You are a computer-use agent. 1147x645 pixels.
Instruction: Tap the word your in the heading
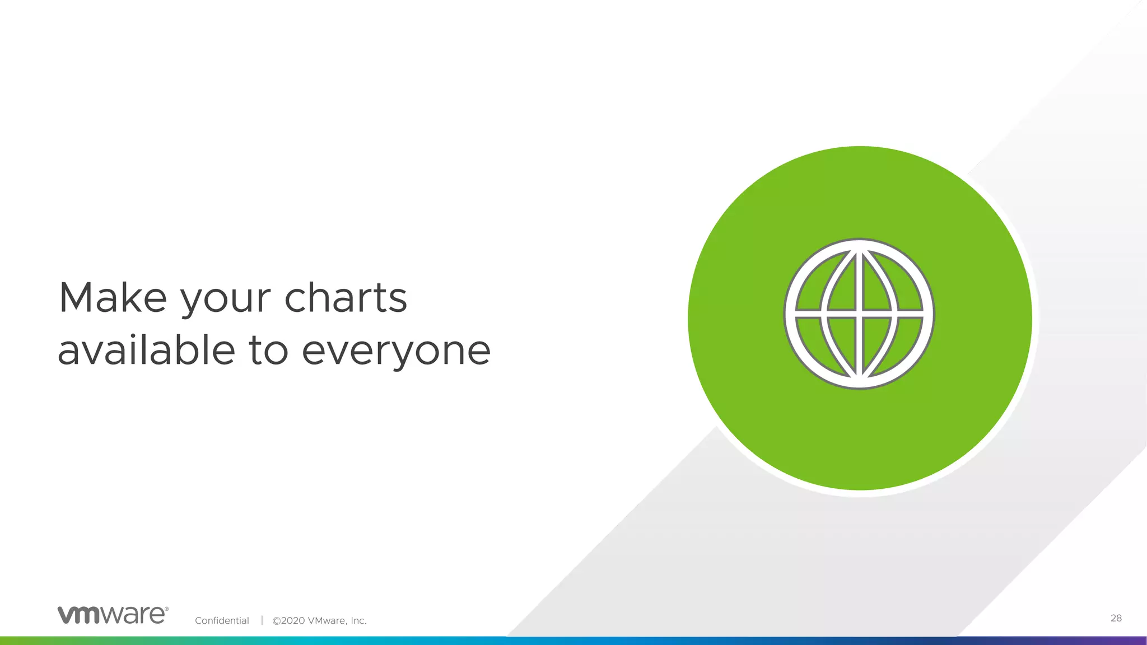pos(225,302)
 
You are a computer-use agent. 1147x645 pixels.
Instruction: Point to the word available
pos(146,350)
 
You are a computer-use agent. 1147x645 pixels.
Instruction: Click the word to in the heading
pos(268,351)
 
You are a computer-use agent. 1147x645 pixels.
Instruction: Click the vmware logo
pos(113,615)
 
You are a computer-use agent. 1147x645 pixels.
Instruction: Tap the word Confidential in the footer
pos(222,620)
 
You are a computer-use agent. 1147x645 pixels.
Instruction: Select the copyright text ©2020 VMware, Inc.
pos(319,620)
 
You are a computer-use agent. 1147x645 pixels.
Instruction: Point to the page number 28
pos(1116,618)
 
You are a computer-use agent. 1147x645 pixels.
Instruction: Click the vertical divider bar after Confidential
pos(262,620)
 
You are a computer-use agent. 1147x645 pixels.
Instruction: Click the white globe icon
pos(859,314)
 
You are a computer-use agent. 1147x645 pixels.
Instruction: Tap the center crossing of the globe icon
pos(859,314)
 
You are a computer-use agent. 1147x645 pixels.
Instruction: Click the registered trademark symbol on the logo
pos(166,609)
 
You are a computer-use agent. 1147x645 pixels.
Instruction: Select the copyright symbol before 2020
pos(276,620)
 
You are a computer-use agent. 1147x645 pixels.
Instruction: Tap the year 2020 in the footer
pos(293,620)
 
